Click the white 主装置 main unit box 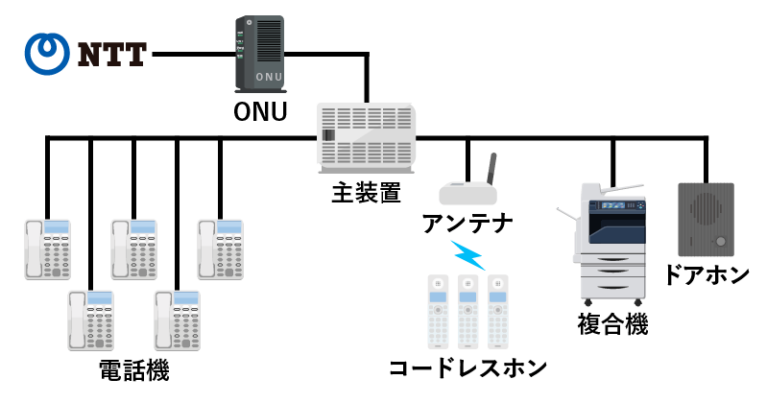click(367, 139)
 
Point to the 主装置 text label click(367, 192)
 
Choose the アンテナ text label click(468, 221)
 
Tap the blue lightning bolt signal click(468, 255)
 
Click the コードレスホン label click(468, 367)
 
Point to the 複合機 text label click(612, 324)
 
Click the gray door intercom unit click(706, 219)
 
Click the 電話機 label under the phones click(134, 371)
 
